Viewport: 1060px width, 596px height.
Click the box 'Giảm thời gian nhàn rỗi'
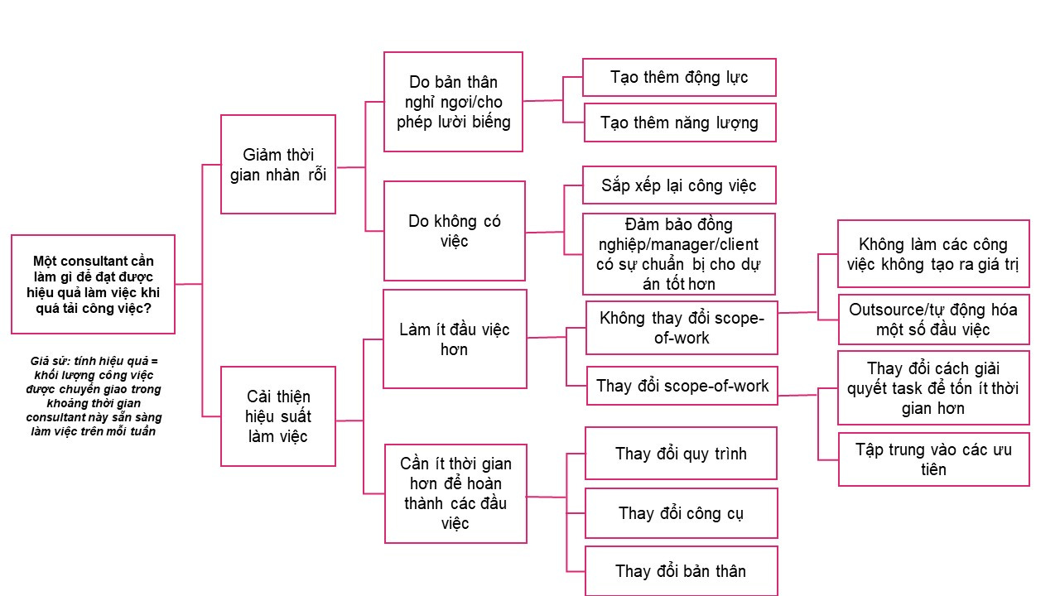(x=277, y=164)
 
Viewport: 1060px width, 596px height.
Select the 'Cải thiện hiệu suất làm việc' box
(x=277, y=416)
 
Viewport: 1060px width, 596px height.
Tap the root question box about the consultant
(x=93, y=284)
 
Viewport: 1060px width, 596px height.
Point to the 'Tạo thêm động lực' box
(x=679, y=77)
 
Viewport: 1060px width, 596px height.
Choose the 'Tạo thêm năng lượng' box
(x=679, y=123)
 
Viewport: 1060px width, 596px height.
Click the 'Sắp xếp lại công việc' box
(x=679, y=185)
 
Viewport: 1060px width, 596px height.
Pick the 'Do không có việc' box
(x=455, y=231)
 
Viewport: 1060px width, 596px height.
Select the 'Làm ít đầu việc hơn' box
(x=455, y=339)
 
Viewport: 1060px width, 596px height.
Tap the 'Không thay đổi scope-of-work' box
(x=682, y=328)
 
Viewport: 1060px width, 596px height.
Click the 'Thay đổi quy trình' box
(x=681, y=453)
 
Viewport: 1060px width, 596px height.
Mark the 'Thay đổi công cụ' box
(x=681, y=513)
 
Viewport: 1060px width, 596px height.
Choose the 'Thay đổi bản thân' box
(x=681, y=571)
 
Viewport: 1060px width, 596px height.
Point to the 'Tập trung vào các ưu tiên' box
(x=933, y=459)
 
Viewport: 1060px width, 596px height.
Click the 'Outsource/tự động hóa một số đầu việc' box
(x=933, y=319)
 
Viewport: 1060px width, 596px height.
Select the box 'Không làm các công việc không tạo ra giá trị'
(x=933, y=254)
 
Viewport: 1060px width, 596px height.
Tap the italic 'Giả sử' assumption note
(x=93, y=396)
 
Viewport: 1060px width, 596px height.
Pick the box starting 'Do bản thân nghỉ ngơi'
(x=453, y=102)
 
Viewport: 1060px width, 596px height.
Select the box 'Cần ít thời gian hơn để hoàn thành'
(x=455, y=493)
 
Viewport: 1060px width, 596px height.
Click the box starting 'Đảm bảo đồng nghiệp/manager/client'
(x=679, y=254)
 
